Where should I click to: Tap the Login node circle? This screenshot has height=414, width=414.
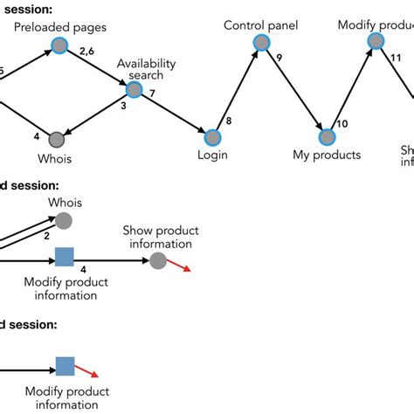coord(212,137)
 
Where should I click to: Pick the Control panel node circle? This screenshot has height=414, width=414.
coord(260,43)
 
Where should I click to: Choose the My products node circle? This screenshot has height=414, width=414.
coord(326,137)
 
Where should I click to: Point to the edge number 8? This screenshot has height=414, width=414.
coord(230,121)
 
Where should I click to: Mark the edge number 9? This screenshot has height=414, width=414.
coord(279,59)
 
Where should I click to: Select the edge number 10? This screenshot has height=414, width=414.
coord(342,124)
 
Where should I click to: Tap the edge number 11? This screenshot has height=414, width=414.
coord(395,58)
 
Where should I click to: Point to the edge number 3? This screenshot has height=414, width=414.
coord(123,106)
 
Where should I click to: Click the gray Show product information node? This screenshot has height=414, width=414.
coord(157,260)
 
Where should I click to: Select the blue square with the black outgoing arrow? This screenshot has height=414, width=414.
coord(64,257)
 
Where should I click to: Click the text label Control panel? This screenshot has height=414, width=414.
coord(260,25)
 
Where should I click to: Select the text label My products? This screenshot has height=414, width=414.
coord(327,155)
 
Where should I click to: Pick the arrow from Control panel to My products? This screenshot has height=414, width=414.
coord(293,89)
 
